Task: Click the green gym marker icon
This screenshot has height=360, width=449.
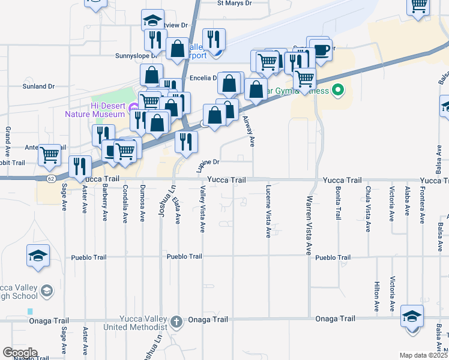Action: pos(338,91)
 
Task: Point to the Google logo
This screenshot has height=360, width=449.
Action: pos(20,353)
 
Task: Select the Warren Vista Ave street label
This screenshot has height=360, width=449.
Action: pos(309,225)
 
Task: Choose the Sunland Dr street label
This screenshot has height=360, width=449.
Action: pos(39,86)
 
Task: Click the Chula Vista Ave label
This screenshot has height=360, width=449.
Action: pos(367,209)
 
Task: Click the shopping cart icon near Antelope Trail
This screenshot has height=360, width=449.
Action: pos(50,155)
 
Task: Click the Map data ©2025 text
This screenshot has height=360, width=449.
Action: pos(424,355)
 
